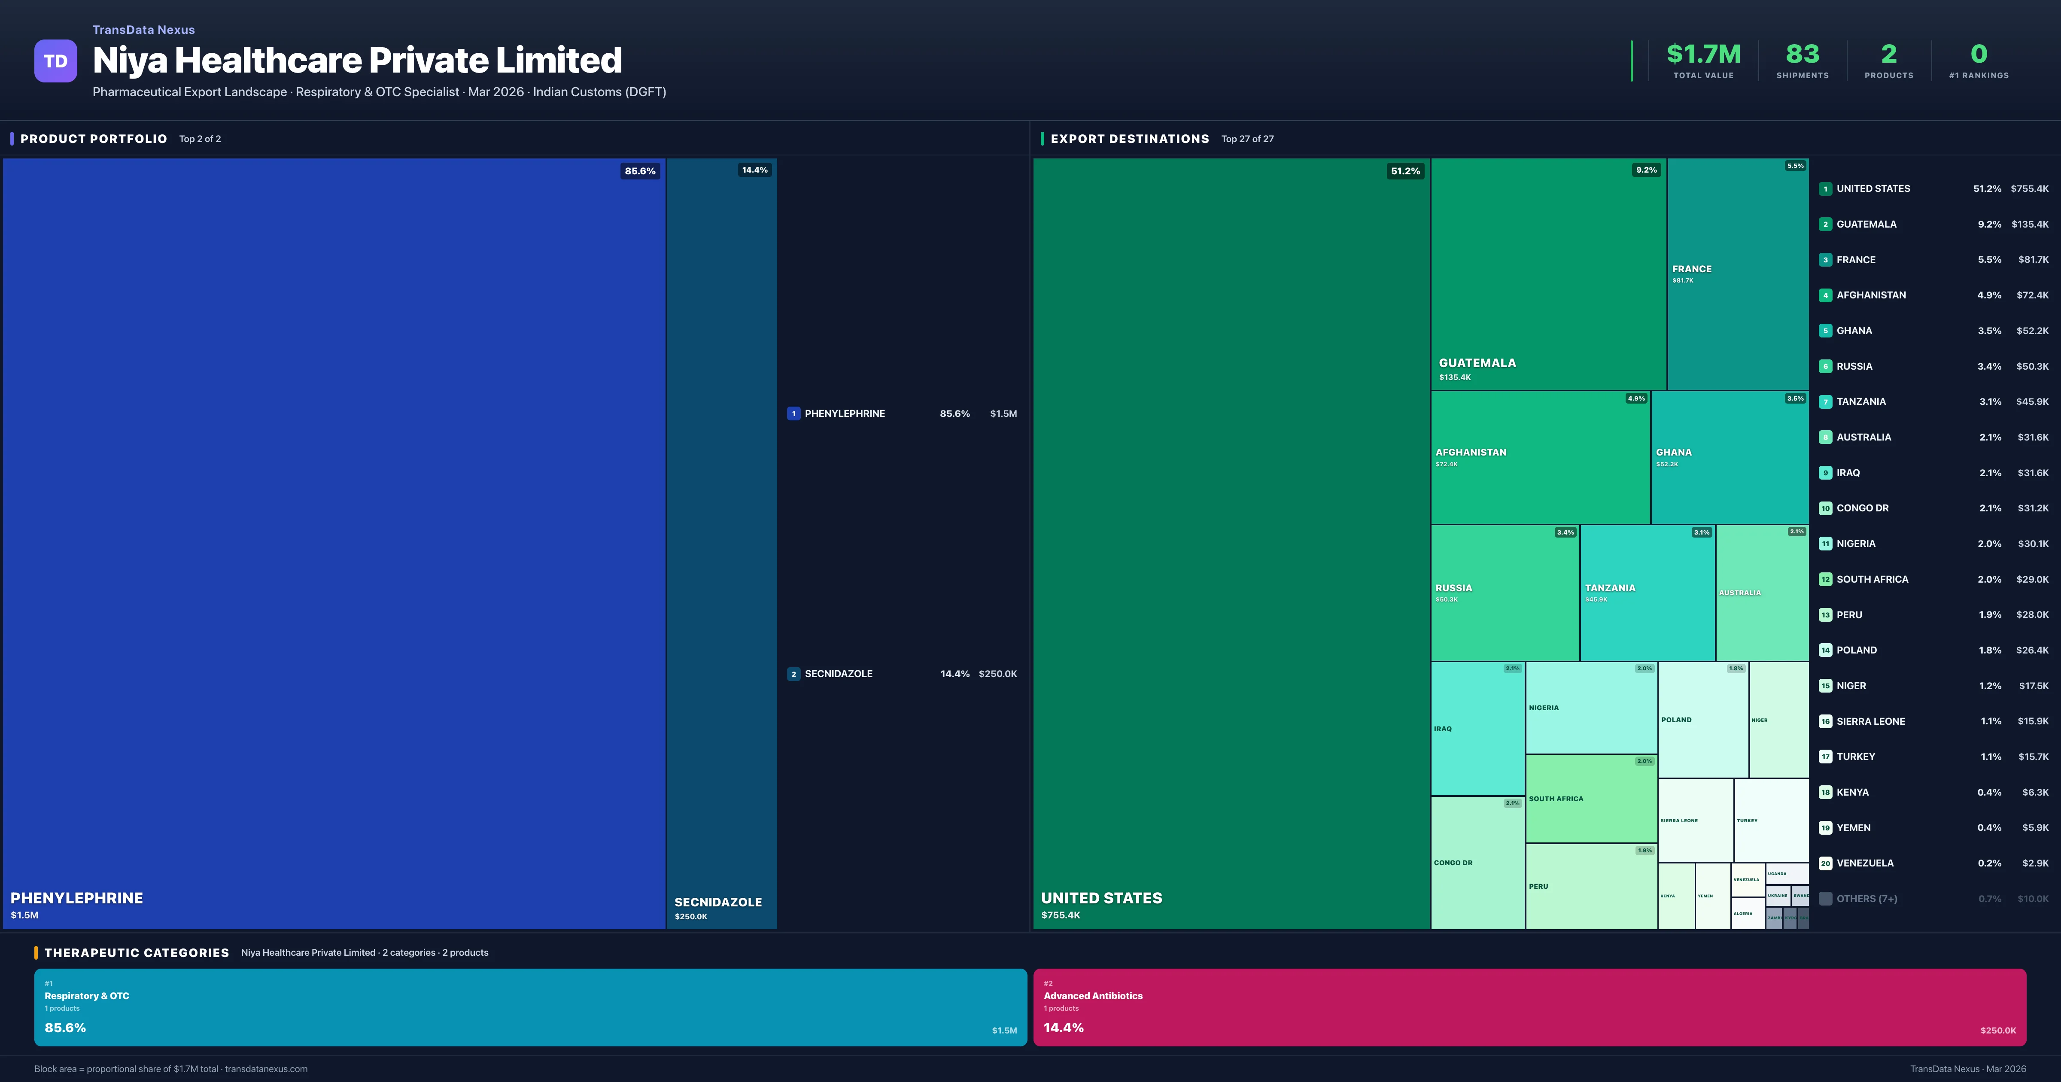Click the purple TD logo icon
pyautogui.click(x=55, y=61)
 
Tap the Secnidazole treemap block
pyautogui.click(x=721, y=544)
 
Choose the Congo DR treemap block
pyautogui.click(x=1477, y=863)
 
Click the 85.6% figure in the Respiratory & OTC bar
pyautogui.click(x=65, y=1027)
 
